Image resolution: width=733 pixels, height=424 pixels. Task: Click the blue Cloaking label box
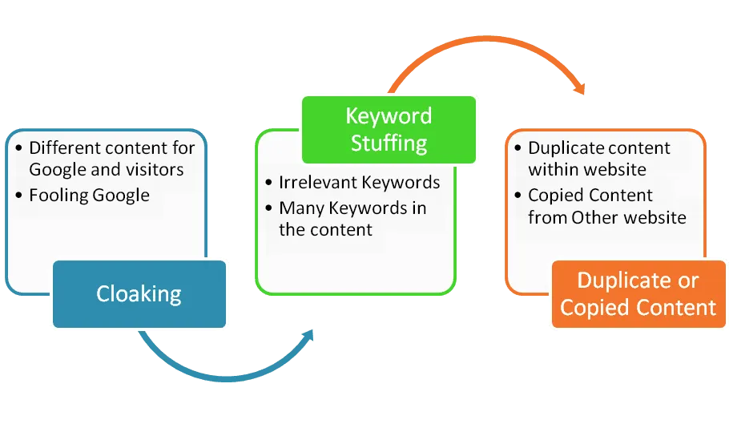(139, 294)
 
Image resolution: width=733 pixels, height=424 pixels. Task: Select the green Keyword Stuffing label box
(388, 129)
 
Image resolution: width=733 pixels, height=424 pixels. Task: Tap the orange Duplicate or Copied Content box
(638, 294)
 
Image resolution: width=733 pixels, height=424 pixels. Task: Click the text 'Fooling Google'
(89, 195)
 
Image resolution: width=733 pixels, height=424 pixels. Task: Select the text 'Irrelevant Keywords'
(359, 183)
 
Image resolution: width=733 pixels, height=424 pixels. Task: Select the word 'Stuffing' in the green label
(388, 143)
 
